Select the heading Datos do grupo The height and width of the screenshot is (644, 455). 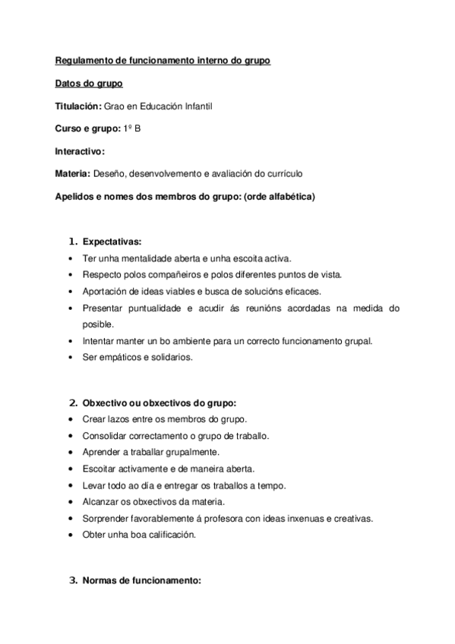pos(89,84)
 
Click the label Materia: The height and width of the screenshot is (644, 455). pos(73,173)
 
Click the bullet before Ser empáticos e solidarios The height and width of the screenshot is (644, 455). pos(71,357)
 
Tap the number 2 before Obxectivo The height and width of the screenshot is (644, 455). pos(72,402)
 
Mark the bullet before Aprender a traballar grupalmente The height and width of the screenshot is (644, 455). pos(71,452)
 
